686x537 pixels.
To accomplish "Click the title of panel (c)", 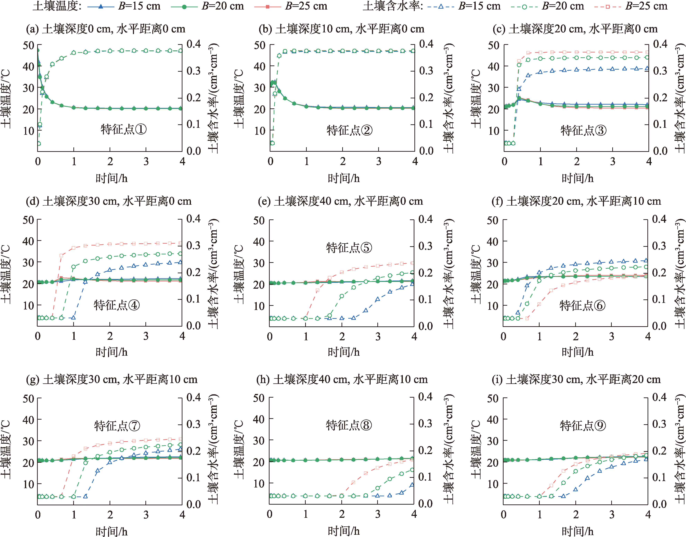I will [575, 29].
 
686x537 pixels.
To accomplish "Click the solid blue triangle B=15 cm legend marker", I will [101, 6].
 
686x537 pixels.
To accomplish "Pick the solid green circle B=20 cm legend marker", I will [185, 6].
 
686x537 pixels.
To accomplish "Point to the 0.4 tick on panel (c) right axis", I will [660, 44].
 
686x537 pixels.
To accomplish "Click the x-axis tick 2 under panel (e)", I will [342, 337].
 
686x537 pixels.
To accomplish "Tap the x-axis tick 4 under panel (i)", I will [648, 515].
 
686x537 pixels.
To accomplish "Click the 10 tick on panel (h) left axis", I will [259, 483].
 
